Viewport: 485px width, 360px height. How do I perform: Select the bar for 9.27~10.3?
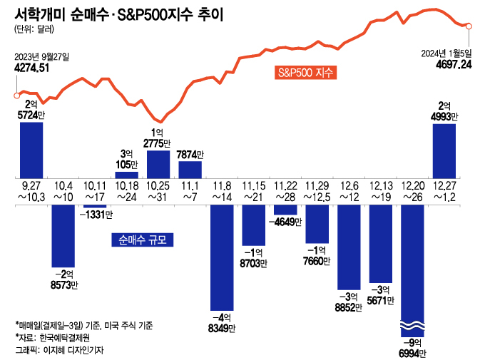pyautogui.click(x=31, y=150)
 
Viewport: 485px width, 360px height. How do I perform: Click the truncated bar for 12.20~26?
pyautogui.click(x=412, y=271)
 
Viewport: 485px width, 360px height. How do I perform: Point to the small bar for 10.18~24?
pyautogui.click(x=126, y=174)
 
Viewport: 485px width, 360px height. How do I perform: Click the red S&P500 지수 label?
pyautogui.click(x=305, y=73)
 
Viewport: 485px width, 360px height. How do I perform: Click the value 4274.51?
pyautogui.click(x=31, y=68)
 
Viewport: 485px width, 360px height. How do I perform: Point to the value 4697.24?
pyautogui.click(x=453, y=64)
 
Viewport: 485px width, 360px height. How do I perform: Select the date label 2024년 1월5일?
pyautogui.click(x=447, y=53)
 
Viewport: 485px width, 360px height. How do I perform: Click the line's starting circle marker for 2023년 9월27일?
pyautogui.click(x=16, y=95)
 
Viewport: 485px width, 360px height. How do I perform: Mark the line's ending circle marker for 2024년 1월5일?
pyautogui.click(x=469, y=26)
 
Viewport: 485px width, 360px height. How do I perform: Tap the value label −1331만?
pyautogui.click(x=95, y=215)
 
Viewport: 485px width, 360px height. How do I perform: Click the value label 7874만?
pyautogui.click(x=190, y=154)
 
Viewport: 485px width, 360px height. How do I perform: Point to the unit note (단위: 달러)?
pyautogui.click(x=33, y=30)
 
